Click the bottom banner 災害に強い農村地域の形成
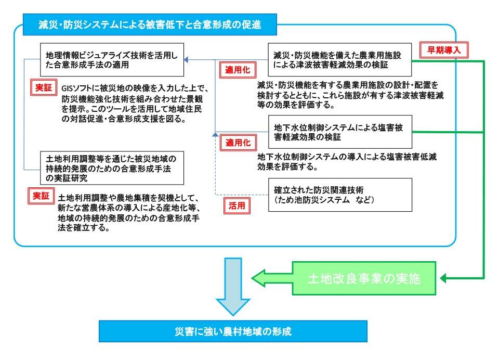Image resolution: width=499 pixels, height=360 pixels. coord(233,331)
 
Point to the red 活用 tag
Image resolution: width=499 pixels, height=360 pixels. coord(237,205)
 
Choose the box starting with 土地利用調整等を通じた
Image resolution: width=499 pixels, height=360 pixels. coord(112,168)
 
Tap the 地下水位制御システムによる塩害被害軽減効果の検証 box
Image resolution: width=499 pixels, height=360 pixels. coord(340,132)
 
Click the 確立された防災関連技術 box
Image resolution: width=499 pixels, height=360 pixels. coord(340,194)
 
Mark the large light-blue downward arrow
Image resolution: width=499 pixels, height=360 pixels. coord(233,286)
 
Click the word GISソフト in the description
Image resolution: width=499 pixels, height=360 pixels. coord(76,87)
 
